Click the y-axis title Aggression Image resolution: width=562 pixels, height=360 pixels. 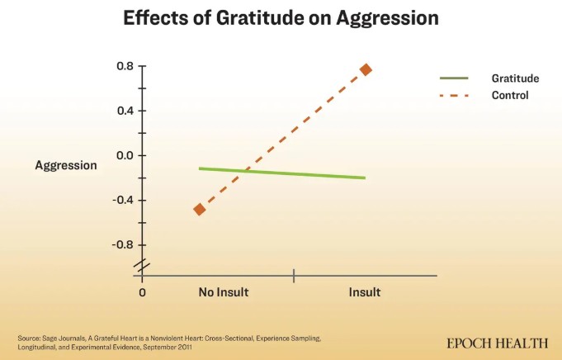pos(66,165)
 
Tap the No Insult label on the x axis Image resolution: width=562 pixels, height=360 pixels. pos(224,292)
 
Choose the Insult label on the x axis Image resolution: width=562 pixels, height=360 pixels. pos(365,292)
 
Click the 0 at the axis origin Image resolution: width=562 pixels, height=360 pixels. pos(143,292)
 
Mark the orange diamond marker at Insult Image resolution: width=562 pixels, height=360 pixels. pos(366,69)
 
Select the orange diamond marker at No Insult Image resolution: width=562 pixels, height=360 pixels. pos(199,209)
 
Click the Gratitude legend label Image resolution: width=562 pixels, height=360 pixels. pos(515,78)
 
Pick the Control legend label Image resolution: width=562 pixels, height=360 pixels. pos(509,96)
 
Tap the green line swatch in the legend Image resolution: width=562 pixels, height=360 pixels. pos(454,78)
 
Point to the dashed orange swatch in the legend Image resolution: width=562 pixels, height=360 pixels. pos(454,96)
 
